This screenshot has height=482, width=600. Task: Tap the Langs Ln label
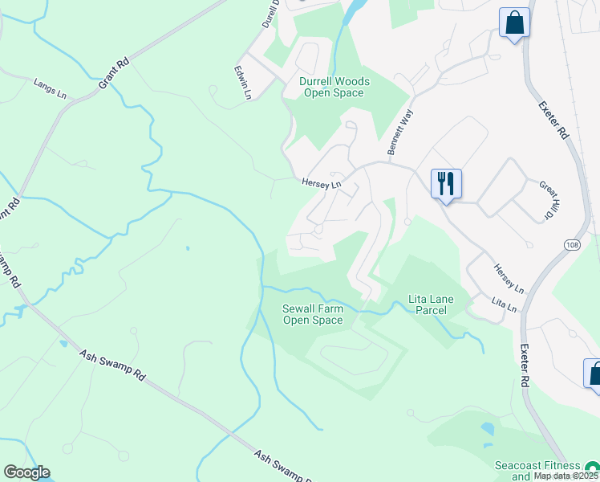tap(51, 88)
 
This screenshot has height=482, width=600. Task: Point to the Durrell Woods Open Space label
tap(334, 87)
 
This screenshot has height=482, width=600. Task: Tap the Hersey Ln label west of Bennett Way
tap(321, 183)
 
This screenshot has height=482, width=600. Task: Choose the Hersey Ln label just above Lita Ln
tap(507, 278)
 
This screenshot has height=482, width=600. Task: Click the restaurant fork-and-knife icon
tap(446, 184)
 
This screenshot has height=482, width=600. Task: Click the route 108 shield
tap(572, 243)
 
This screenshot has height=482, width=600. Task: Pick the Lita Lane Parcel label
tap(431, 304)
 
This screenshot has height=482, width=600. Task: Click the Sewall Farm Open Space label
tap(313, 314)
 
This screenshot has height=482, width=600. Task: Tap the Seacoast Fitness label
tap(537, 465)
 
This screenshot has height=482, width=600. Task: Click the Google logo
tap(26, 472)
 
